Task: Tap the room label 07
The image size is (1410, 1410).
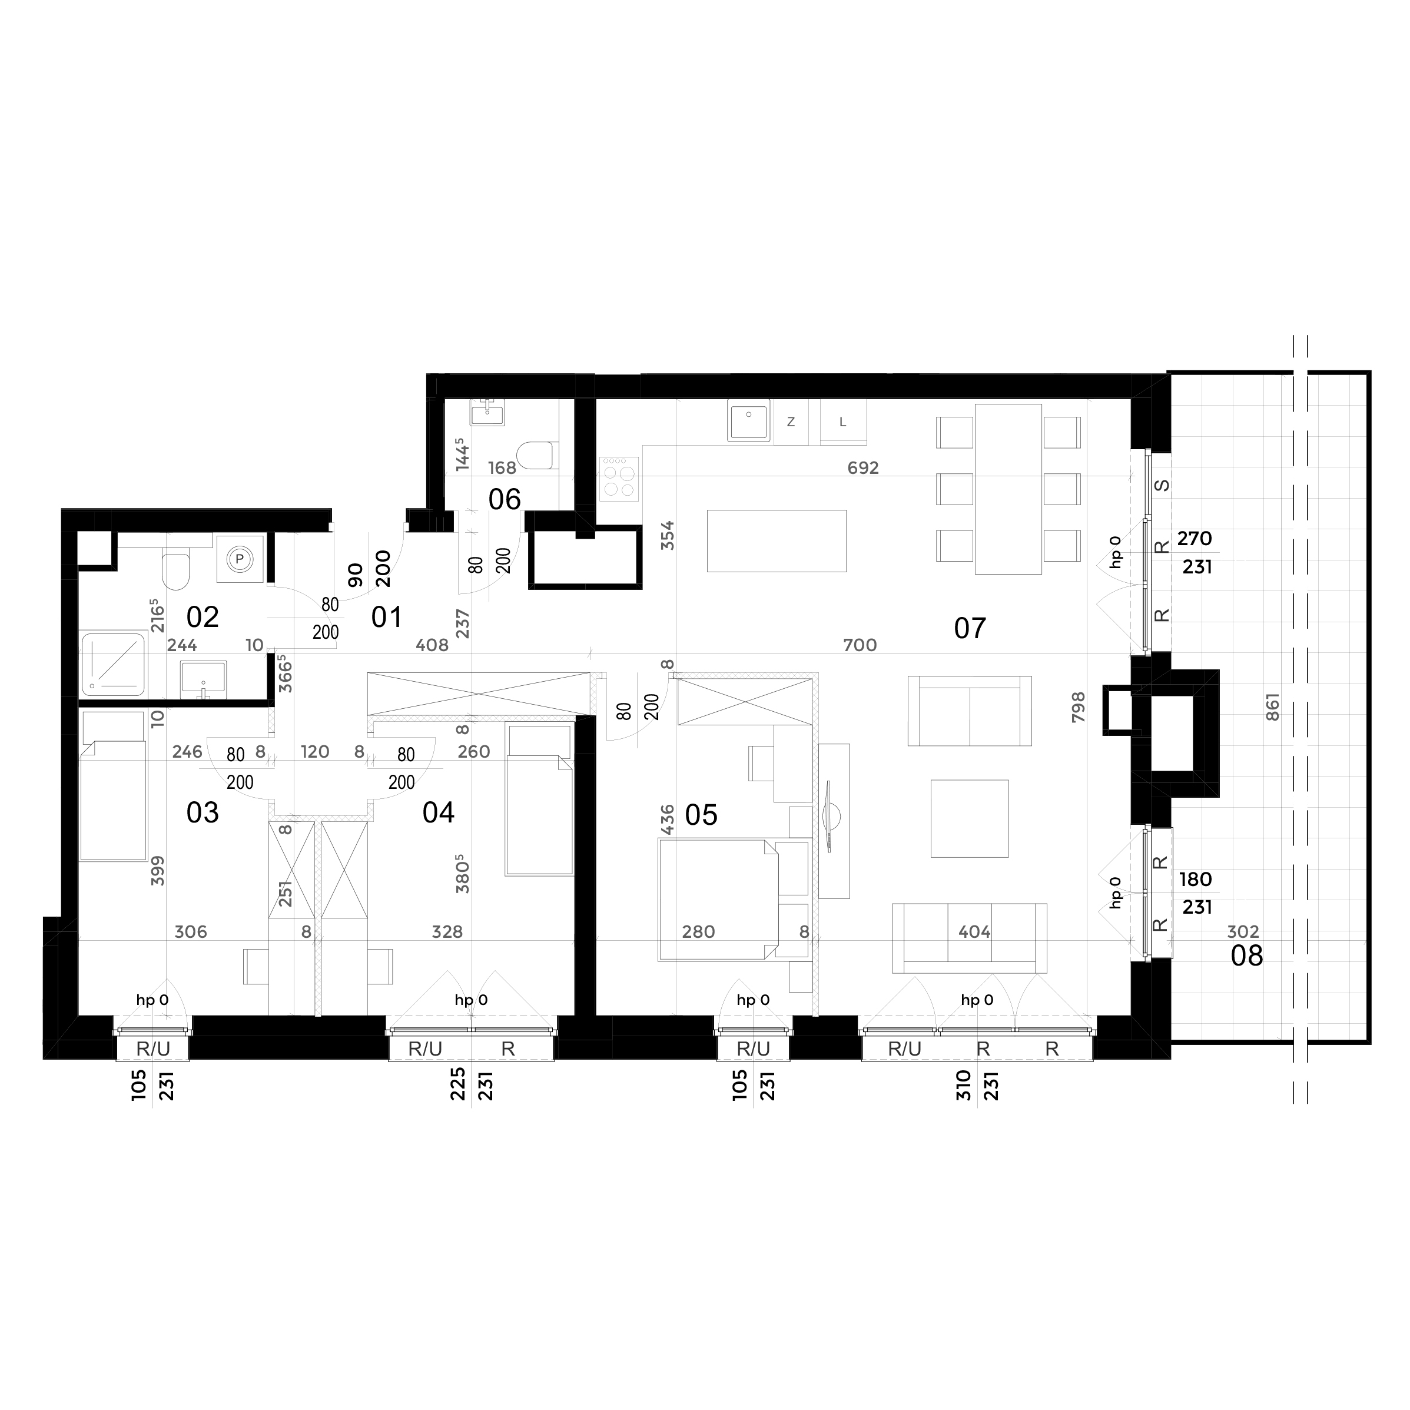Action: point(970,628)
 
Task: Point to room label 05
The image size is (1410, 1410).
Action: point(701,815)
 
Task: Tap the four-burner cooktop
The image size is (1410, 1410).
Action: point(619,479)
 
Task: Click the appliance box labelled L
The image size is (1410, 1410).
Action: point(843,422)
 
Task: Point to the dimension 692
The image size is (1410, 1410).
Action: point(864,468)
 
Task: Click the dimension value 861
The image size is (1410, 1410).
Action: point(1273,707)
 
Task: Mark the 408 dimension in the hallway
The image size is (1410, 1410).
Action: point(432,645)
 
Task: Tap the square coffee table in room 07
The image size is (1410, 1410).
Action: point(969,818)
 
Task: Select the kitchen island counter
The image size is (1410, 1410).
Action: point(777,541)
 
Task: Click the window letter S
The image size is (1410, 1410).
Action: point(1163,486)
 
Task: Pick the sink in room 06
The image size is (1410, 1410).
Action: point(487,414)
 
